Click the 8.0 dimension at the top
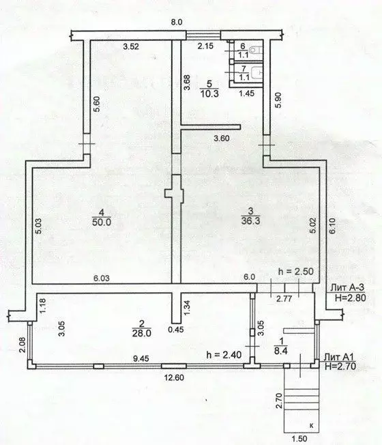click(x=177, y=23)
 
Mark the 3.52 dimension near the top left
click(x=131, y=47)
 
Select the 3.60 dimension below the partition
click(x=222, y=139)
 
